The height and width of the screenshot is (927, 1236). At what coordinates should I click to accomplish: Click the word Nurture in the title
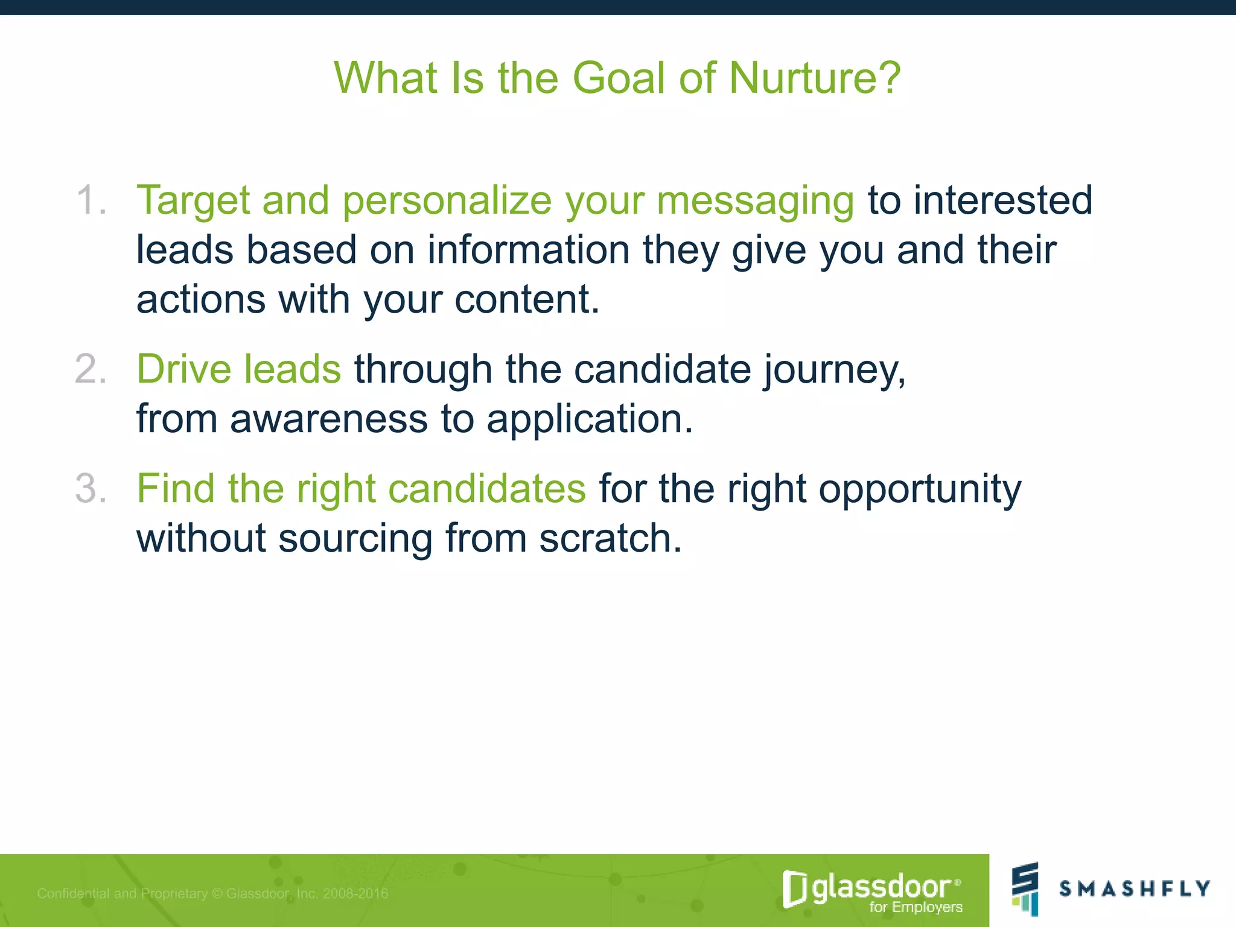[815, 78]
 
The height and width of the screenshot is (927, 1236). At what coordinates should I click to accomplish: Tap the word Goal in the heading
[618, 78]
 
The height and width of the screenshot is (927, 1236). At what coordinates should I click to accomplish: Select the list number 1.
[91, 200]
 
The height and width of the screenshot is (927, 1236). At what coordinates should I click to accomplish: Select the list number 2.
[91, 369]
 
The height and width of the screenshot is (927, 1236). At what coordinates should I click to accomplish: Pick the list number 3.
[91, 488]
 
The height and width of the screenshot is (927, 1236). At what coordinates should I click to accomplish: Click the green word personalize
[447, 200]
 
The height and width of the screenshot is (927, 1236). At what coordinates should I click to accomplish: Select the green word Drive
[184, 369]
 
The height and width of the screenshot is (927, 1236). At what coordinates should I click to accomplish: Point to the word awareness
[329, 419]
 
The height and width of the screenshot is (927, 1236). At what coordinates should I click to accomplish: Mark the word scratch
[610, 538]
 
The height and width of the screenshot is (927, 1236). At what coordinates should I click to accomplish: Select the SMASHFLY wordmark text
[1135, 888]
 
